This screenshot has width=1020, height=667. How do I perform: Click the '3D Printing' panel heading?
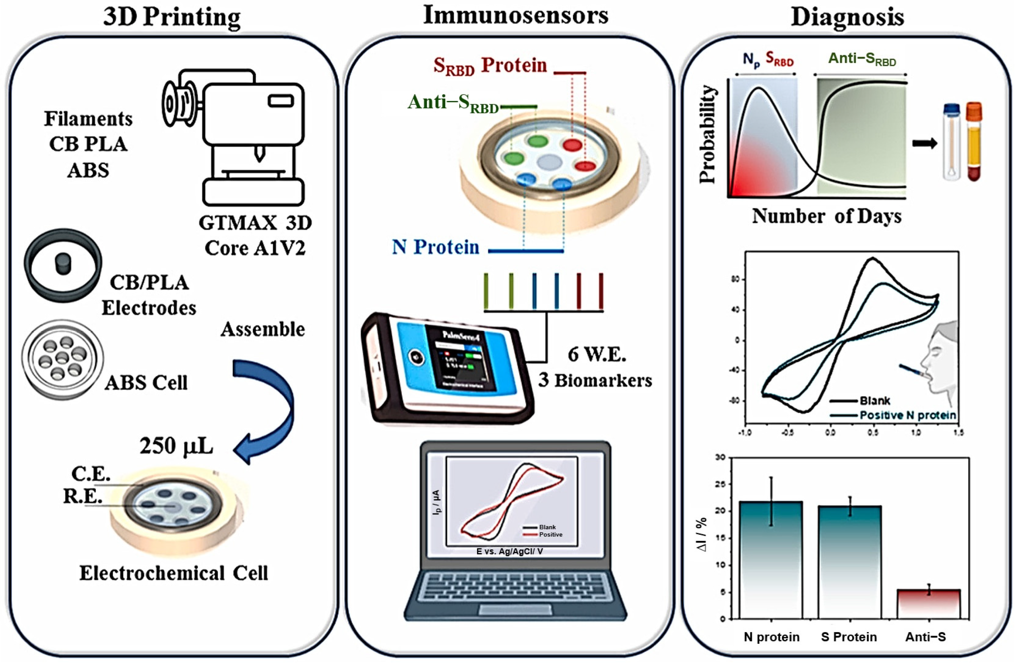[x=171, y=17]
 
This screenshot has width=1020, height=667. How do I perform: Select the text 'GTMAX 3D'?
[x=255, y=223]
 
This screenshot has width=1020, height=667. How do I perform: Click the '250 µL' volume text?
[x=176, y=446]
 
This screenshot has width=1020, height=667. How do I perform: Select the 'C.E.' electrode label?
[x=90, y=474]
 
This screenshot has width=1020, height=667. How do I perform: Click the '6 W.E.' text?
[x=597, y=354]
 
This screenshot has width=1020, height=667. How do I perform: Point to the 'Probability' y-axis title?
[x=707, y=134]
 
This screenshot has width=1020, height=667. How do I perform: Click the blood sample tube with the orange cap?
[x=974, y=141]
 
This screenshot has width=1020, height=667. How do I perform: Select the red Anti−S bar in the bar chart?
[x=928, y=604]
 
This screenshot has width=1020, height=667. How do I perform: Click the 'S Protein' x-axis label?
[x=849, y=637]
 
